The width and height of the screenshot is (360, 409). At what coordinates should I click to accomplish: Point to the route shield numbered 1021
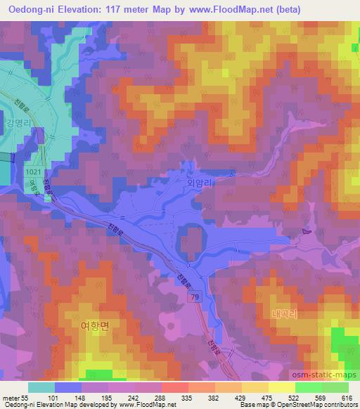pyautogui.click(x=32, y=171)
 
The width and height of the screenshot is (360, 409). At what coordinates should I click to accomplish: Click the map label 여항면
pyautogui.click(x=94, y=325)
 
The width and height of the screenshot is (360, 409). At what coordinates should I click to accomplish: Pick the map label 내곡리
pyautogui.click(x=284, y=315)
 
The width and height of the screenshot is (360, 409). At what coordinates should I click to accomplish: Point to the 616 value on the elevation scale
pyautogui.click(x=346, y=396)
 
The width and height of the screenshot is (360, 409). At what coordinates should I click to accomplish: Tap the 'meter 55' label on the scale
pyautogui.click(x=15, y=396)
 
